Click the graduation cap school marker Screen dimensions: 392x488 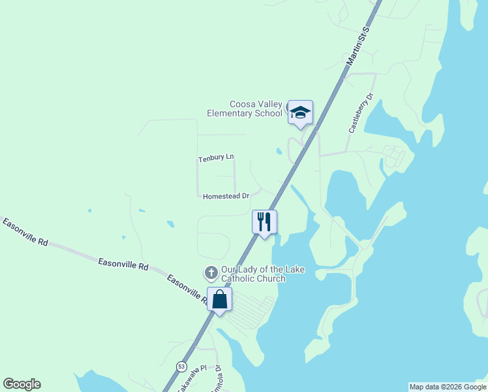(x=300, y=113)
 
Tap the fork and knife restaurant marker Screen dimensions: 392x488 (x=264, y=222)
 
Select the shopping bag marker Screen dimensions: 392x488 (x=219, y=300)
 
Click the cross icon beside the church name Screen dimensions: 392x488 (x=211, y=272)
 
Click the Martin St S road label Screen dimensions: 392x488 (x=358, y=46)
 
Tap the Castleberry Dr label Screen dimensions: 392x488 (x=360, y=112)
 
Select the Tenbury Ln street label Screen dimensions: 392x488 (x=215, y=159)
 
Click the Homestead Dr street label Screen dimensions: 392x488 (x=226, y=196)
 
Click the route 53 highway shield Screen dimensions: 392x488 (x=181, y=365)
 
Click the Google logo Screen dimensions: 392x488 (x=22, y=384)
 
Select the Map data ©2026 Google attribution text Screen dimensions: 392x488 (x=447, y=387)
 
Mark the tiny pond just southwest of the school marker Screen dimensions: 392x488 (x=279, y=151)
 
